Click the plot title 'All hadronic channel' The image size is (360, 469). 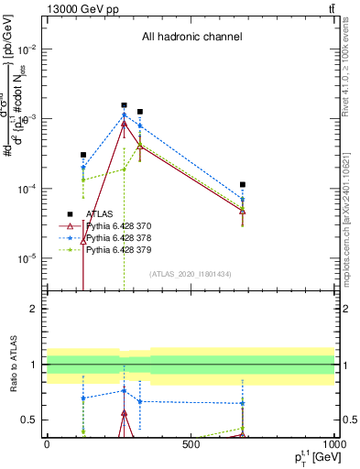pyautogui.click(x=191, y=37)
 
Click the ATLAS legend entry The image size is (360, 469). pyautogui.click(x=99, y=213)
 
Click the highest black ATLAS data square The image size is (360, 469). pyautogui.click(x=125, y=105)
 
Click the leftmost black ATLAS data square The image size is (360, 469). pyautogui.click(x=83, y=155)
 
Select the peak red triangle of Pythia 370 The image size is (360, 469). pyautogui.click(x=125, y=123)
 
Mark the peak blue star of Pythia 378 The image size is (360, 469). pyautogui.click(x=125, y=115)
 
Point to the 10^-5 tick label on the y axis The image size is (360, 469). pyautogui.click(x=28, y=258)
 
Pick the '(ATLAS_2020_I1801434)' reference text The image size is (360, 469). pyautogui.click(x=191, y=274)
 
